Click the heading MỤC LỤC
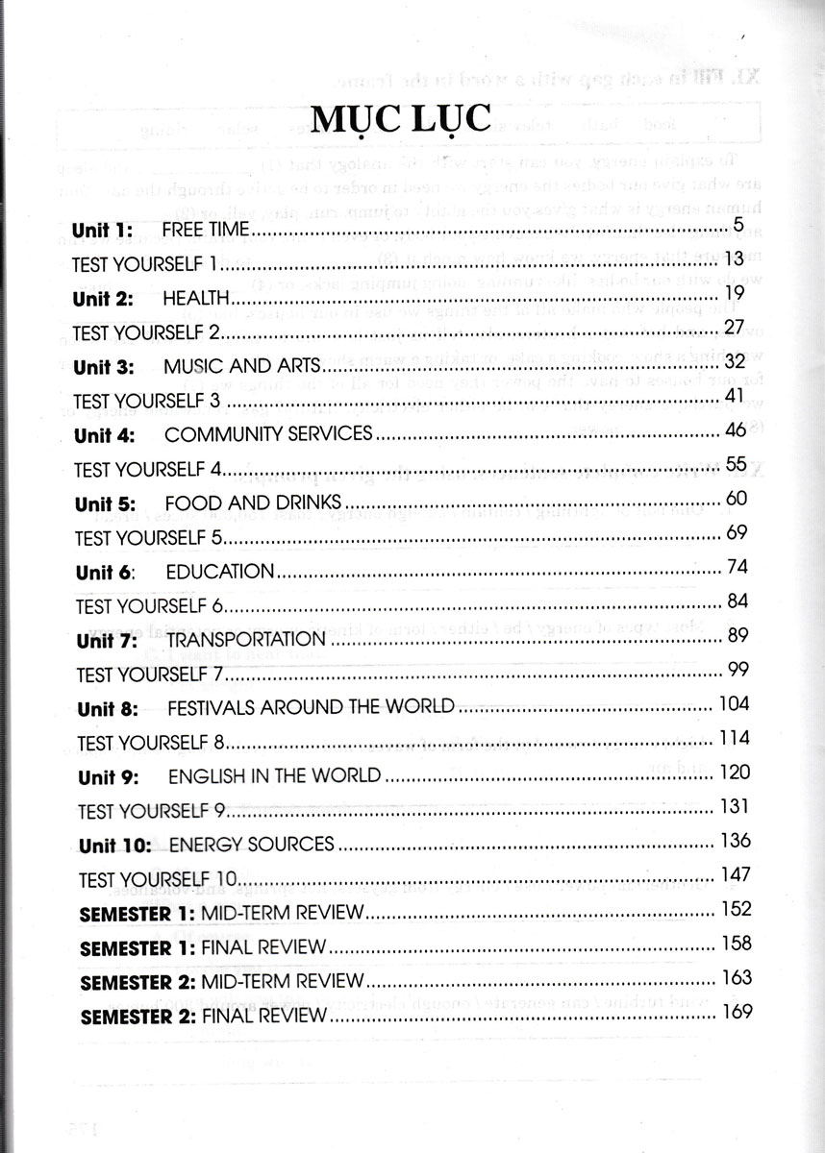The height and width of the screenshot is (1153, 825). tap(413, 123)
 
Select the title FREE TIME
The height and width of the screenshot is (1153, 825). tap(206, 230)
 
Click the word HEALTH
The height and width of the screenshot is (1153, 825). tap(196, 298)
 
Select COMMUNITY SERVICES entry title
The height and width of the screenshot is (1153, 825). tap(268, 434)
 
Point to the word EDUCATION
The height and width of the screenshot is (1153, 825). tap(220, 571)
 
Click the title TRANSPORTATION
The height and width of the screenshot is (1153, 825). tap(246, 639)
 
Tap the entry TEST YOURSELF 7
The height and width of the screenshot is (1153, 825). tap(149, 673)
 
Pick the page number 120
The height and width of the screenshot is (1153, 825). tap(734, 773)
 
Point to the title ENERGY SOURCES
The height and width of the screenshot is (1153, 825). tap(251, 845)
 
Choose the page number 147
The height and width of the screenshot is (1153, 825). tap(734, 874)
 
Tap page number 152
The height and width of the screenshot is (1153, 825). tap(735, 909)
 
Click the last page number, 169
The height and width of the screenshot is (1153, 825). tap(735, 1012)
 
